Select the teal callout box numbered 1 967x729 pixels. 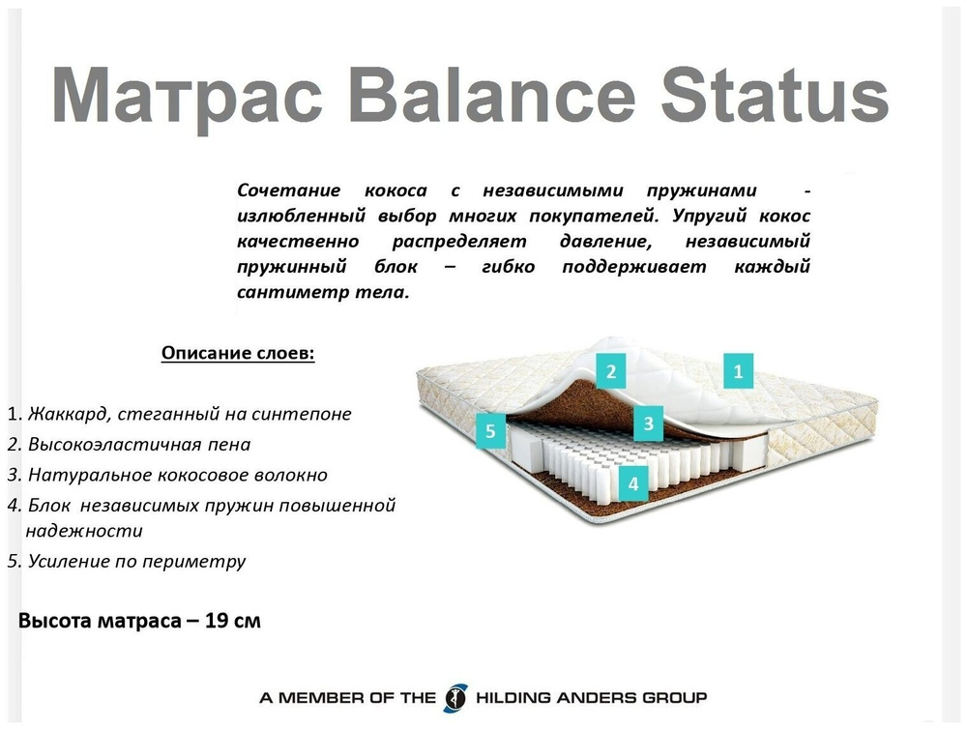739,370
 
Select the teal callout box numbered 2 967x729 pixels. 611,370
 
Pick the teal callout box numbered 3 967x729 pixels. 649,423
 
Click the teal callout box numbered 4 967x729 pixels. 633,483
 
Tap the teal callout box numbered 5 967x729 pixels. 490,431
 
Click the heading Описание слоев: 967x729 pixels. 238,353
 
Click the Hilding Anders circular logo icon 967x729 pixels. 454,697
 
